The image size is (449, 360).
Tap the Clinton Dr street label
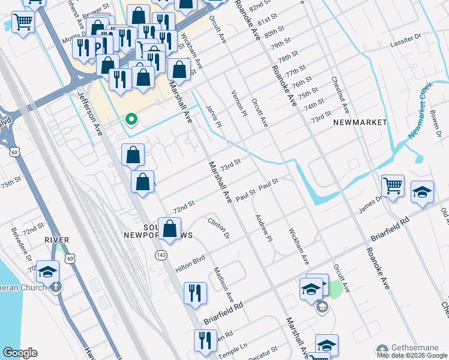click(x=219, y=227)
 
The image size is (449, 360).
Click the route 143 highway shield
click(x=161, y=255)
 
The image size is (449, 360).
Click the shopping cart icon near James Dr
click(x=393, y=186)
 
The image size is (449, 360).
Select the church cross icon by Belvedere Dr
click(x=56, y=286)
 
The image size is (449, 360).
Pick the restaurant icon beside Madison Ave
click(x=195, y=293)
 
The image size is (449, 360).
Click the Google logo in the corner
click(x=19, y=353)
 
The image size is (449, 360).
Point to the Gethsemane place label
click(x=414, y=348)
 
